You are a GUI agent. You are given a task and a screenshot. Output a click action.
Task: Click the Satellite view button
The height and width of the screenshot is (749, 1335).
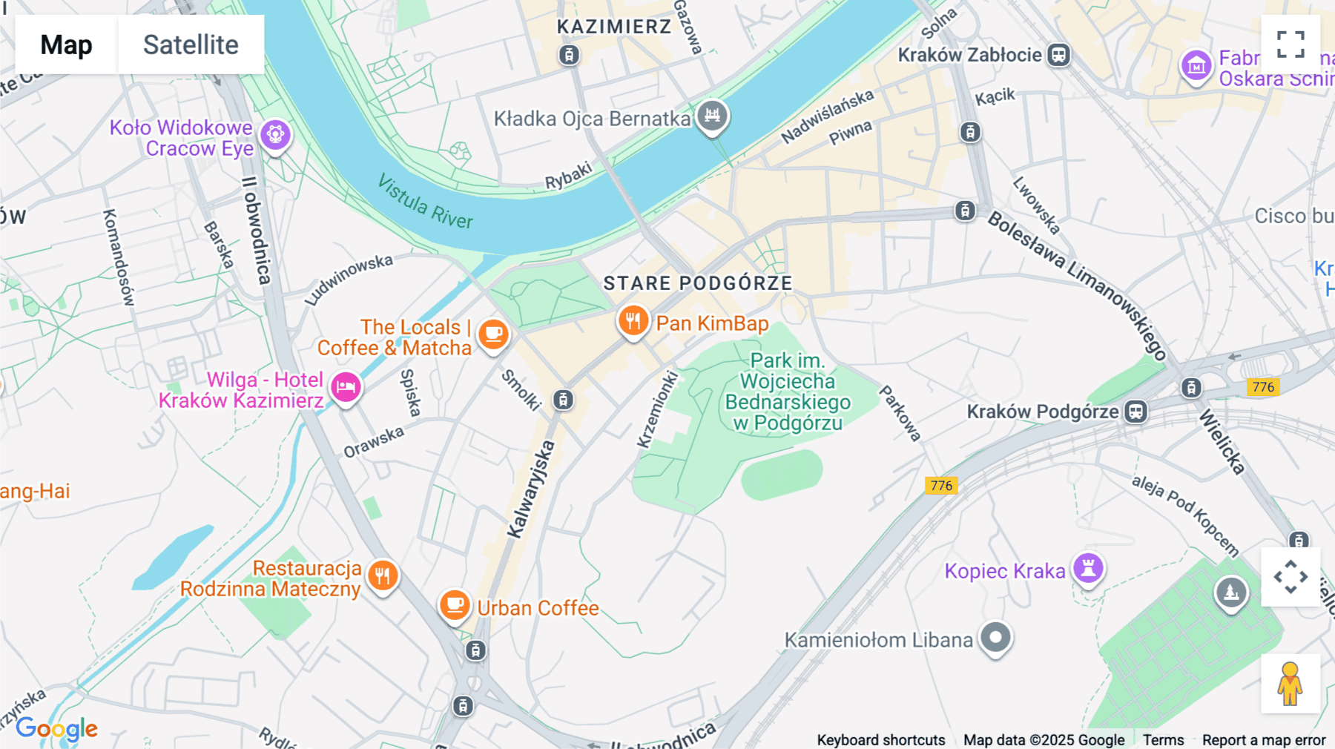coord(191,44)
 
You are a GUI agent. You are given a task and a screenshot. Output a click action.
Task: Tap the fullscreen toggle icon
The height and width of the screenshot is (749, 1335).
coord(1290,44)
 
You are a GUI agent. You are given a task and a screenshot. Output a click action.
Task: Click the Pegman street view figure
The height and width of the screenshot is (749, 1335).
coord(1290,683)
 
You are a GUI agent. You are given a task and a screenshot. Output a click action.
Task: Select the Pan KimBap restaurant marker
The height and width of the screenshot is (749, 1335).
coord(633,322)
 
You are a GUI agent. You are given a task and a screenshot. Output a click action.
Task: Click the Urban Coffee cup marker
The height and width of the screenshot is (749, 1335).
coord(455,606)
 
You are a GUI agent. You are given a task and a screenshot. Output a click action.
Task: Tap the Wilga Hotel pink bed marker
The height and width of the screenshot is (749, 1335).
coord(346,387)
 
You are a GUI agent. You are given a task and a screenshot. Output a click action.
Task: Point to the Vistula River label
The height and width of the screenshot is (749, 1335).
coord(425,202)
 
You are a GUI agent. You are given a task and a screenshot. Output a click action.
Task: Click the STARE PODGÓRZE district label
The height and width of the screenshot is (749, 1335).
coord(697,283)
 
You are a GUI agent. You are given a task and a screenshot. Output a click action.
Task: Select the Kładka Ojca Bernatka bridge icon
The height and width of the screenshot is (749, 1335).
coord(712,116)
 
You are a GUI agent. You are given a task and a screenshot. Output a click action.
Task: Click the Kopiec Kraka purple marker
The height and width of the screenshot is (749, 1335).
coord(1088,569)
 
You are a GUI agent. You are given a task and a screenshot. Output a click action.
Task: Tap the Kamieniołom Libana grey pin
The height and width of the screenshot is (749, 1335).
coord(995,637)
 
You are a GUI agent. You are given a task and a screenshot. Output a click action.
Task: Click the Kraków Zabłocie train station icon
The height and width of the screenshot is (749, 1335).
coord(1058,55)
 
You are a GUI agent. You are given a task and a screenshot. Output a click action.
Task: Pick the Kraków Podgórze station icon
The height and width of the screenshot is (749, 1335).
coord(1135,412)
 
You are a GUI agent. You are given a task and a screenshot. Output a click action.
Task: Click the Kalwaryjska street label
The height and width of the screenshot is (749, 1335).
coord(531,489)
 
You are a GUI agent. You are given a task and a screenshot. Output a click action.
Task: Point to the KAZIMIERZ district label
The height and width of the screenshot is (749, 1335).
coord(614,27)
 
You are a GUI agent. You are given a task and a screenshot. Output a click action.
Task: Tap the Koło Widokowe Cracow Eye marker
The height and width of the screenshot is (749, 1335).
coord(276,135)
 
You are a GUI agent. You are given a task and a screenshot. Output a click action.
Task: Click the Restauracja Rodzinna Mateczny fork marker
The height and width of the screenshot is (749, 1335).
coord(383,575)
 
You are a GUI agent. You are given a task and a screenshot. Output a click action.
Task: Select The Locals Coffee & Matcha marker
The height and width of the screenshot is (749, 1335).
coord(493,334)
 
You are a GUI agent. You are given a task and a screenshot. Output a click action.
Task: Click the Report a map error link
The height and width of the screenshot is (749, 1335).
coord(1264,739)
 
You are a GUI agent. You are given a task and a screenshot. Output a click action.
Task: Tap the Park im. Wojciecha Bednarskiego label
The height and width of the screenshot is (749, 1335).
coord(787,392)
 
